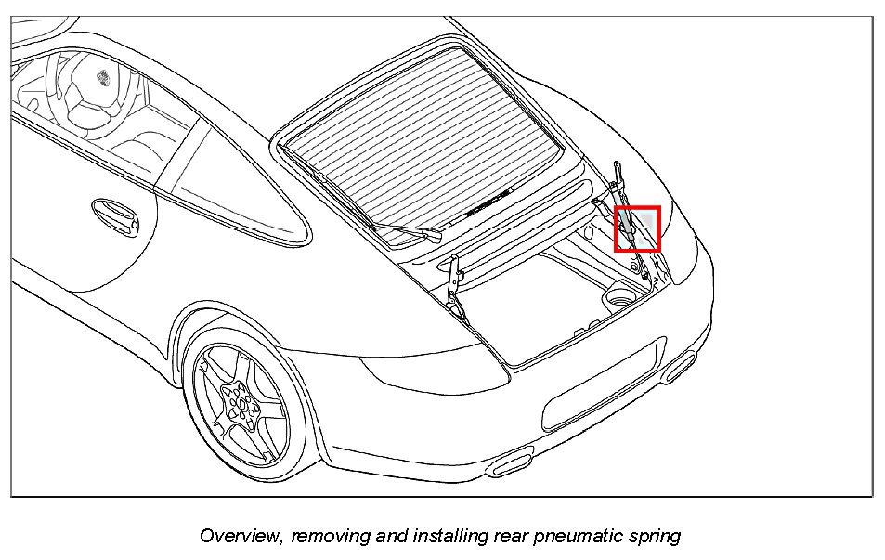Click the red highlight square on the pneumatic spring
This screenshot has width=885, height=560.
(x=637, y=228)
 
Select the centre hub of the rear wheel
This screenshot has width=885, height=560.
(x=241, y=404)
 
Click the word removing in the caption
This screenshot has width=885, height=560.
(x=319, y=536)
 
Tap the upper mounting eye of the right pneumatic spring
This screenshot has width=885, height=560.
(x=617, y=167)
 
